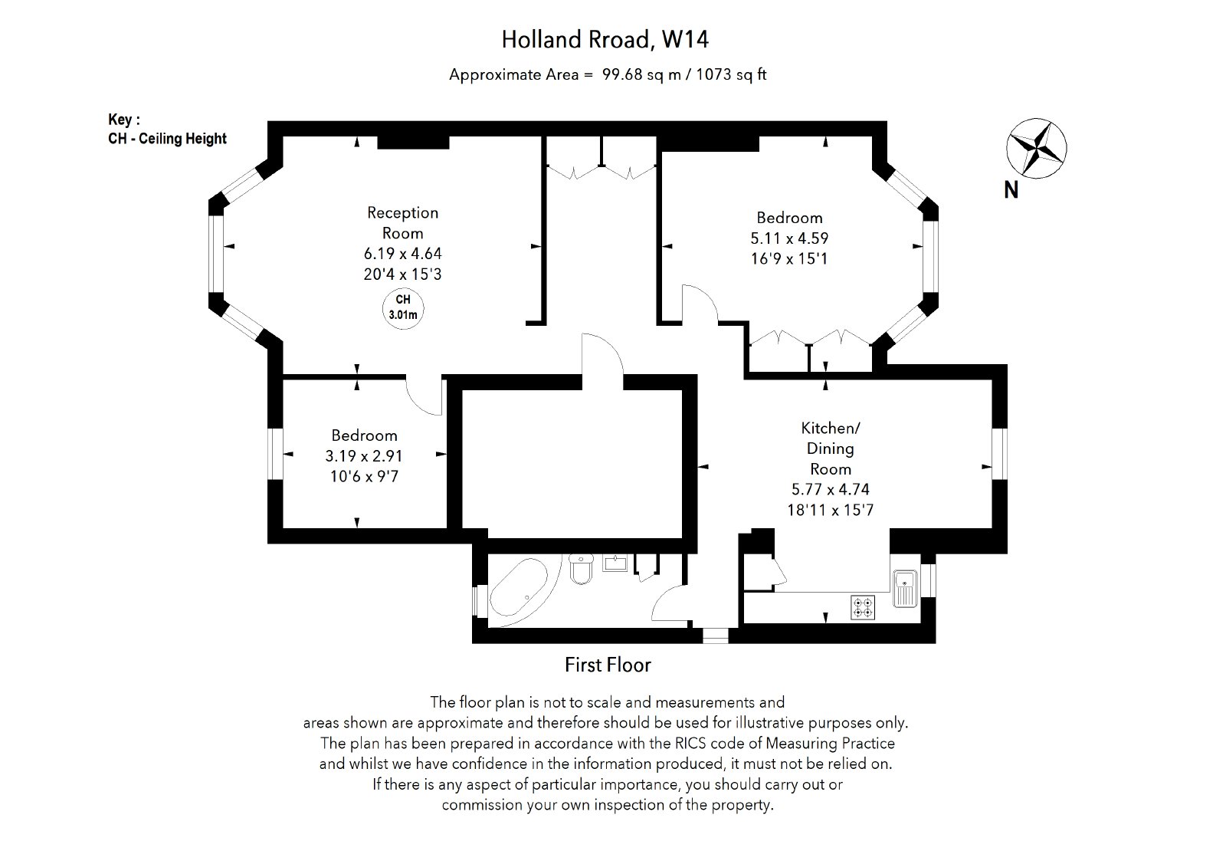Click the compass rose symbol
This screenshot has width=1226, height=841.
click(1036, 149)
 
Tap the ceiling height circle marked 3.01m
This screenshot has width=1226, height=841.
click(403, 307)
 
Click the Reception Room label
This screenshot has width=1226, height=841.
click(402, 222)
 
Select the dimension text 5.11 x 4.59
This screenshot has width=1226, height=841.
click(789, 238)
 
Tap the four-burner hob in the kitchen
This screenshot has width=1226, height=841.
click(862, 607)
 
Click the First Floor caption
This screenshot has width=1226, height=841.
click(608, 665)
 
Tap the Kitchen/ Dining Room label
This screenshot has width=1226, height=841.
click(831, 448)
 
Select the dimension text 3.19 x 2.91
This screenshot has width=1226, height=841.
click(364, 456)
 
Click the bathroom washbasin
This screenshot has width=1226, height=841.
click(615, 564)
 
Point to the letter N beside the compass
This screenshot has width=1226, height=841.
click(1011, 190)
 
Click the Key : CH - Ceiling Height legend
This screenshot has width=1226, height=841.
click(168, 130)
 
